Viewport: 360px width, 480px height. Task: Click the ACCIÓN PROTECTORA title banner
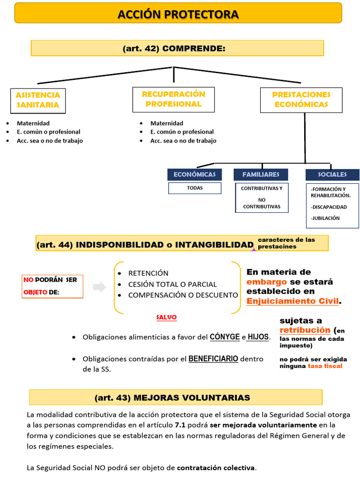coord(178,15)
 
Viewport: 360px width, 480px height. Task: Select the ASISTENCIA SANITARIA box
coord(38,100)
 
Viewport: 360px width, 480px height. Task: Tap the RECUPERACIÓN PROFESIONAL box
coord(173,99)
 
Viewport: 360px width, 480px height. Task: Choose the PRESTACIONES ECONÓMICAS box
coord(301,99)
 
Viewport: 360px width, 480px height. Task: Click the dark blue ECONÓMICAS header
coord(194,174)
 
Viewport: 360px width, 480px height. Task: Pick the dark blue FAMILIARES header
coord(261,174)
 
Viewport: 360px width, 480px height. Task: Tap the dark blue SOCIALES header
coord(332,174)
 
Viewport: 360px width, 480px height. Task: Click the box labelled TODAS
coord(194,188)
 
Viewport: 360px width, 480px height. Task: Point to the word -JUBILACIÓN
coord(325,218)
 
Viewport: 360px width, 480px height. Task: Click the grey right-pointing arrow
coord(99,287)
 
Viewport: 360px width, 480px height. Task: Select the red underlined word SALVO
coord(166,317)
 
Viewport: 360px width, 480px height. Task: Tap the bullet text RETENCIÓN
coord(148,273)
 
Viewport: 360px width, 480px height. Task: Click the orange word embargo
coord(267,282)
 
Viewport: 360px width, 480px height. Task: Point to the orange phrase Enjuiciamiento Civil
coord(292,301)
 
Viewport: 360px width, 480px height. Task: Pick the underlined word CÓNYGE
coord(225,337)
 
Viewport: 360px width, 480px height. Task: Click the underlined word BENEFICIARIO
coord(213,359)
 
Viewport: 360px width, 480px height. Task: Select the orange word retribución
coord(305,330)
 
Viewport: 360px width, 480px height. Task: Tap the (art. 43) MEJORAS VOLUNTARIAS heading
coord(172,397)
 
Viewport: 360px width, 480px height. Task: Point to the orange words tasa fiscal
coord(325,366)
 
